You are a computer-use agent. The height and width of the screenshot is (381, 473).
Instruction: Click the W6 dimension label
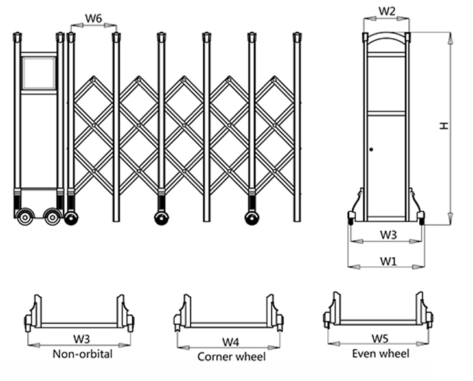tap(93, 19)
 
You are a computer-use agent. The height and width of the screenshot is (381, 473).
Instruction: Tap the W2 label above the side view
tap(387, 11)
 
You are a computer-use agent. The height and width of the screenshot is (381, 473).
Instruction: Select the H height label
tap(443, 127)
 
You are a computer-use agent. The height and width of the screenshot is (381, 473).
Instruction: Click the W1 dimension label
tap(387, 261)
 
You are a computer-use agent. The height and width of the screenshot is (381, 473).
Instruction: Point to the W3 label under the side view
tap(387, 235)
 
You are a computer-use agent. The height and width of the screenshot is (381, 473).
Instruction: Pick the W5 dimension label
tap(380, 338)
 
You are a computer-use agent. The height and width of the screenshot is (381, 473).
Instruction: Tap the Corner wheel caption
tap(231, 356)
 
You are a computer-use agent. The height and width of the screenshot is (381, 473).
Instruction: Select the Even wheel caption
tap(380, 353)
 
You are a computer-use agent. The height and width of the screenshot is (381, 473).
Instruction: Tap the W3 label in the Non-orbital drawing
tap(81, 338)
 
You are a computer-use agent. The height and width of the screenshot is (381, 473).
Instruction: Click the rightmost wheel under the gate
tap(251, 217)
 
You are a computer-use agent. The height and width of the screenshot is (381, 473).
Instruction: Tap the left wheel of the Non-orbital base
tap(29, 321)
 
